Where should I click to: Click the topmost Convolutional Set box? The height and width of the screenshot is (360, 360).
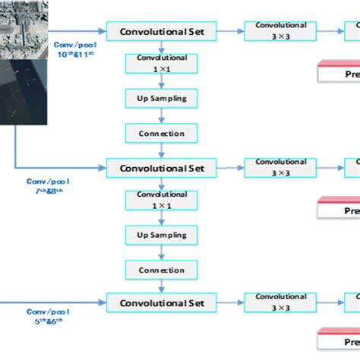coord(161,31)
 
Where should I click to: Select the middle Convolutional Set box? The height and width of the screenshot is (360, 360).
coord(161,166)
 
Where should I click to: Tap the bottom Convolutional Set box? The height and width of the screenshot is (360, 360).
coord(161,303)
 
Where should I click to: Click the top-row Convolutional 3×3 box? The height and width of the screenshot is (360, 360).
coord(280,31)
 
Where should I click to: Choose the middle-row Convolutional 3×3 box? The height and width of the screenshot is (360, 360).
coord(280,166)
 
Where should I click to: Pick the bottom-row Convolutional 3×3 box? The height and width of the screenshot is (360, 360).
coord(280,302)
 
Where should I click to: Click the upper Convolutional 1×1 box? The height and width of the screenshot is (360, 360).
coord(161,64)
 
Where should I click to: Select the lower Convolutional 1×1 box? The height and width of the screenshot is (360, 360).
coord(161,200)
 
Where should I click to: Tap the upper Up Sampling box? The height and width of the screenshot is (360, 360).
coord(161,99)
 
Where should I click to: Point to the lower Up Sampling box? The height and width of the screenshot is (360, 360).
coord(161,235)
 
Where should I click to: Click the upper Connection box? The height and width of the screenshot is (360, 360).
coord(161,134)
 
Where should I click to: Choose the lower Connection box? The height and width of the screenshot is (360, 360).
coord(161,270)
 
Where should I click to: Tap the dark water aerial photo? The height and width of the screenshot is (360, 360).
coord(23,91)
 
